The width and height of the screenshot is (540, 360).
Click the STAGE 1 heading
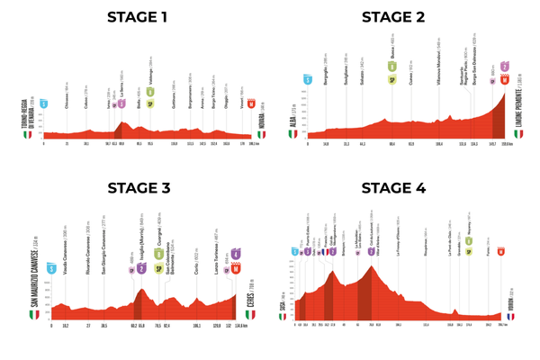pos(139,16)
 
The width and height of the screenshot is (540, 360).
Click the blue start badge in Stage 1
pos(43,103)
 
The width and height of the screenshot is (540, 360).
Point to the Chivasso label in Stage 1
pos(67,89)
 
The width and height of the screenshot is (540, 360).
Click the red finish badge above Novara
pos(252,103)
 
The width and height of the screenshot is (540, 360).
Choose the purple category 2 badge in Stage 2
pos(505,67)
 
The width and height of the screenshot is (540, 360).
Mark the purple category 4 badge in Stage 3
pos(237,254)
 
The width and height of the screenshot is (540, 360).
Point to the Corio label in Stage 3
pos(196,245)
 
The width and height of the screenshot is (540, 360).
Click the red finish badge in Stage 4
pos(500,251)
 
